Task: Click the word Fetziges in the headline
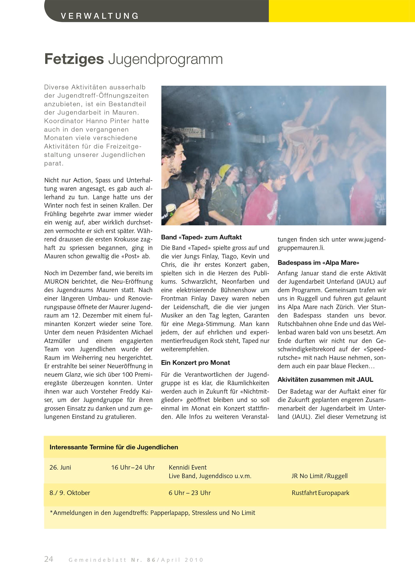tap(74, 59)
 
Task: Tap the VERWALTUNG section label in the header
tap(100, 16)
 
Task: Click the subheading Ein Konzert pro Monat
tap(195, 363)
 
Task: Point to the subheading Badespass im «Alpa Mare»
tap(318, 263)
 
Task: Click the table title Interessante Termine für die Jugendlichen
tap(114, 447)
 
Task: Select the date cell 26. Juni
tap(60, 467)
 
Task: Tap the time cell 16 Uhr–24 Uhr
tap(133, 467)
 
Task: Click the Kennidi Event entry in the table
tap(188, 467)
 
